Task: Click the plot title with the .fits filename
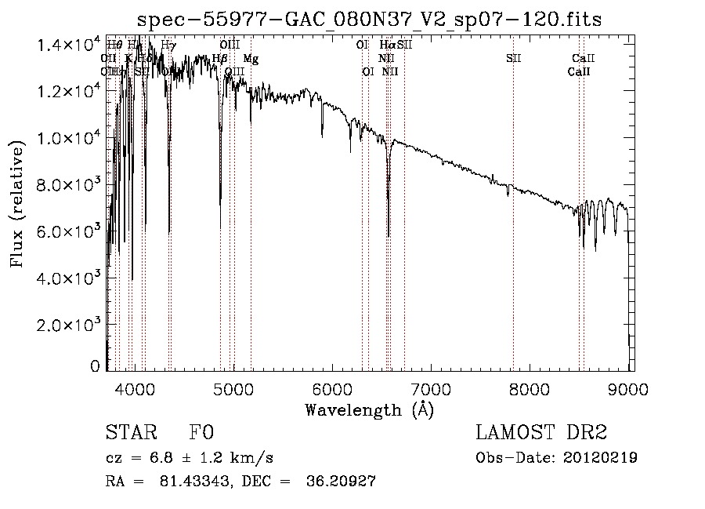[x=369, y=20]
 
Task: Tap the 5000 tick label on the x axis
[x=233, y=387]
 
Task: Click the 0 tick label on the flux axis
[x=96, y=365]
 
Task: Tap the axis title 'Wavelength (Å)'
[x=369, y=409]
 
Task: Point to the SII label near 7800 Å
[x=513, y=59]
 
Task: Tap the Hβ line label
[x=220, y=59]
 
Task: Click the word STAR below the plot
[x=128, y=433]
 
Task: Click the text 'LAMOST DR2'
[x=541, y=433]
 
